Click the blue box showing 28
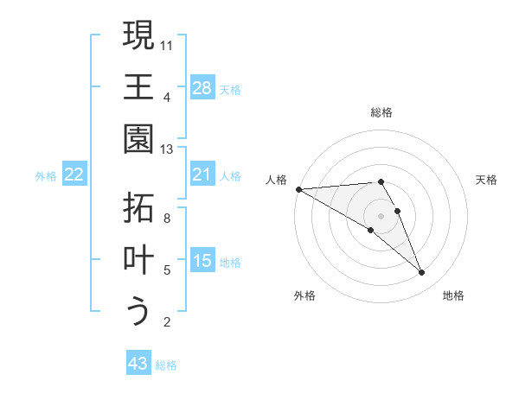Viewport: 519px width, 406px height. tap(202, 88)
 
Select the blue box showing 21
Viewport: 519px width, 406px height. tap(202, 175)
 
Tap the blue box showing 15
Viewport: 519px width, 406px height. tap(202, 262)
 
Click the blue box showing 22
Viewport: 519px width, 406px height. tap(74, 175)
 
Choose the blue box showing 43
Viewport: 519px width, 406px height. tap(138, 364)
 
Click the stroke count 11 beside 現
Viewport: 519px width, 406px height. tap(167, 44)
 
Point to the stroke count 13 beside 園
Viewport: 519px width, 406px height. tap(167, 149)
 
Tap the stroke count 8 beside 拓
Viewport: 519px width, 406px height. tap(167, 219)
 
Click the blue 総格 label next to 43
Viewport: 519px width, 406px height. tap(166, 365)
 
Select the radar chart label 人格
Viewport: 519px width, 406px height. tap(276, 180)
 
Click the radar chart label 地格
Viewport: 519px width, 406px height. tap(453, 295)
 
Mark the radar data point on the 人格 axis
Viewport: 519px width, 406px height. tap(298, 189)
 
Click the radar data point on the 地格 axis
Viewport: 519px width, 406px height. tap(421, 273)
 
